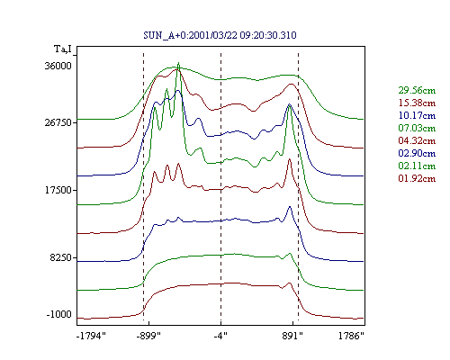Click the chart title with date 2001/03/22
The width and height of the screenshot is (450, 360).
pyautogui.click(x=220, y=35)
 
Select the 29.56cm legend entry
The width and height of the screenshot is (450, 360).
pyautogui.click(x=417, y=90)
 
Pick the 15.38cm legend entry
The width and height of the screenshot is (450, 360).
pyautogui.click(x=417, y=103)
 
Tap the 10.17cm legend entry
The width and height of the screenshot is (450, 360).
pyautogui.click(x=417, y=115)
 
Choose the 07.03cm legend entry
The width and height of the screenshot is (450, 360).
pyautogui.click(x=417, y=128)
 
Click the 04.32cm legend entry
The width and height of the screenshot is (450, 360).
pyautogui.click(x=417, y=140)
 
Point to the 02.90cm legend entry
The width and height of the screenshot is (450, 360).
pyautogui.click(x=417, y=153)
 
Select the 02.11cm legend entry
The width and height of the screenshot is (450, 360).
pyautogui.click(x=417, y=166)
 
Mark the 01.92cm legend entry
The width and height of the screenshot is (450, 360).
pyautogui.click(x=417, y=178)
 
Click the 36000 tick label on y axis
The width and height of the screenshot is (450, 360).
pyautogui.click(x=58, y=66)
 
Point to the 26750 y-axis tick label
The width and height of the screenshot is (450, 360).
pyautogui.click(x=58, y=122)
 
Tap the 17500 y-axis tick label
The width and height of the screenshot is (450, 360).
pyautogui.click(x=58, y=190)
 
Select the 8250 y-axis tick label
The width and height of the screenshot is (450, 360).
pyautogui.click(x=61, y=257)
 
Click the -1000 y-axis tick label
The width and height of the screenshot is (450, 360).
pyautogui.click(x=59, y=314)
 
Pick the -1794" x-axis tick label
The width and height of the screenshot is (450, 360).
pyautogui.click(x=92, y=336)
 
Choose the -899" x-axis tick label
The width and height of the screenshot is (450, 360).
pyautogui.click(x=148, y=336)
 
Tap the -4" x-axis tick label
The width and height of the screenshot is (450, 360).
pyautogui.click(x=220, y=336)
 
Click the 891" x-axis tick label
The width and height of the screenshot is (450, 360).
pyautogui.click(x=292, y=336)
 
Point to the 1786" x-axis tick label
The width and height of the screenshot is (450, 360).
pyautogui.click(x=351, y=336)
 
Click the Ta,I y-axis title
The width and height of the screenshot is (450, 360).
pyautogui.click(x=63, y=49)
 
